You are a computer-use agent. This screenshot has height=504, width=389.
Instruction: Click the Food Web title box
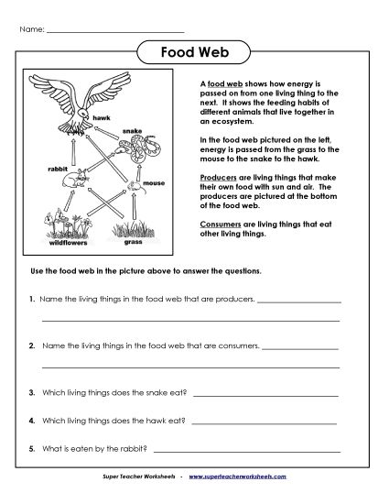(x=195, y=53)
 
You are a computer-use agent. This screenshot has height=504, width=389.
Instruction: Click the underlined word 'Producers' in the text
(x=216, y=176)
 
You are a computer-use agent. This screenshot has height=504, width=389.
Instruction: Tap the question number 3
(x=32, y=393)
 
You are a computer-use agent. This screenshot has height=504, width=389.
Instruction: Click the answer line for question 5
(x=247, y=451)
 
